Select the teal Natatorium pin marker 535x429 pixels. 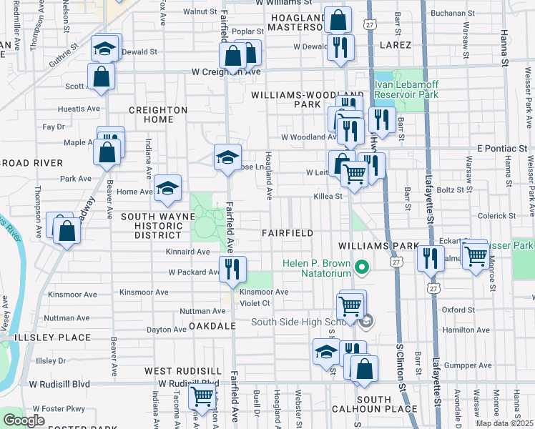pos(362,268)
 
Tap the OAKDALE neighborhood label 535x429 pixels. pos(212,325)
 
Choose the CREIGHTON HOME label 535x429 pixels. pos(157,114)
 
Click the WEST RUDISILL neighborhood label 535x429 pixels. pos(183,371)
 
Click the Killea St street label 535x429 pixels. pos(328,195)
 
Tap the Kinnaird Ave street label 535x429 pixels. pos(187,252)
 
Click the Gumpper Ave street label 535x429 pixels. pos(469,365)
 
